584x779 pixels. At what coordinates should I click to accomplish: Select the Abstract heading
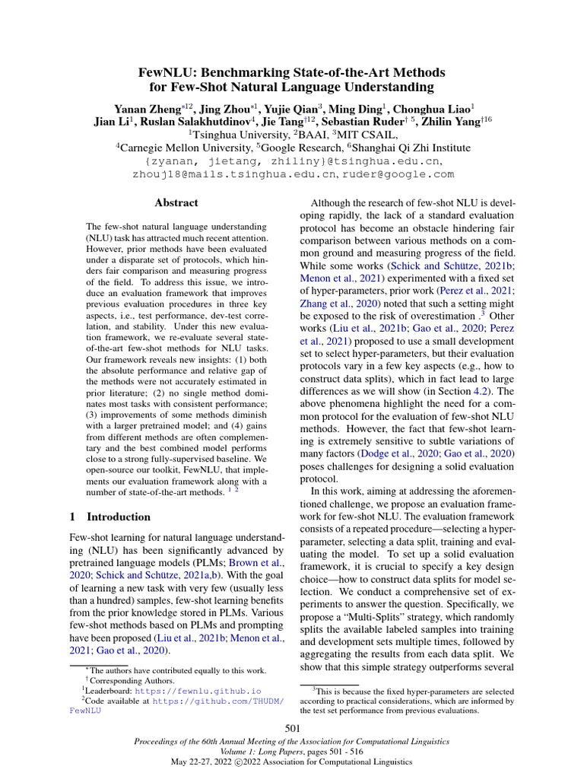coord(176,203)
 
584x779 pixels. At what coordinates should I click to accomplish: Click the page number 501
coord(292,730)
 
